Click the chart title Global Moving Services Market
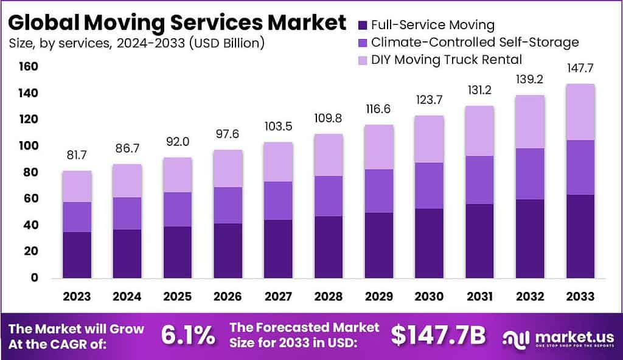(x=177, y=22)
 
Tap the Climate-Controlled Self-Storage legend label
(x=475, y=43)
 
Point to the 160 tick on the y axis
(x=29, y=66)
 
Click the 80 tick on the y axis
(x=30, y=173)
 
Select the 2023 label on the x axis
(x=76, y=297)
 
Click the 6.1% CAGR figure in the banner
(x=188, y=335)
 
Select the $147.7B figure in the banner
(x=437, y=335)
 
